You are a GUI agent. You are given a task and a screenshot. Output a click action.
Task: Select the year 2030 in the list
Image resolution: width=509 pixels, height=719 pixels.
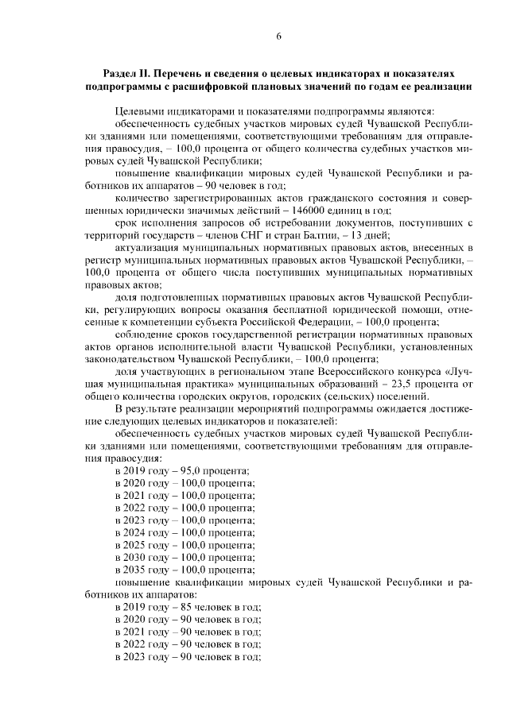(x=142, y=558)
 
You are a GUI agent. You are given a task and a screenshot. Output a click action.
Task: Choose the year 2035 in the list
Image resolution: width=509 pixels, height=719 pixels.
(x=142, y=570)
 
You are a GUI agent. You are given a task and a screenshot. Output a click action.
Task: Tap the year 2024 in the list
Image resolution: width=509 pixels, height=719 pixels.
(x=142, y=532)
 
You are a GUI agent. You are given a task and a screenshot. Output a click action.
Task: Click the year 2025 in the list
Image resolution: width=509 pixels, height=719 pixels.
(x=142, y=545)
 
